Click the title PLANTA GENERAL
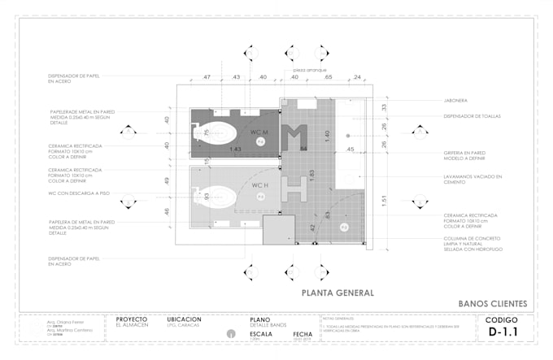point(337,292)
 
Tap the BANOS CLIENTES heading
point(493,304)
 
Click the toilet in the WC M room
point(219,132)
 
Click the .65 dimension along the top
point(329,77)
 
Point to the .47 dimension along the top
point(206,77)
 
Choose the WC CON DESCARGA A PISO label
point(79,193)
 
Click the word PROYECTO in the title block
point(133,319)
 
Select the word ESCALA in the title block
point(261,334)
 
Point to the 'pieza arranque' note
point(310,70)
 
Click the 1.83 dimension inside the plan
point(311,174)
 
